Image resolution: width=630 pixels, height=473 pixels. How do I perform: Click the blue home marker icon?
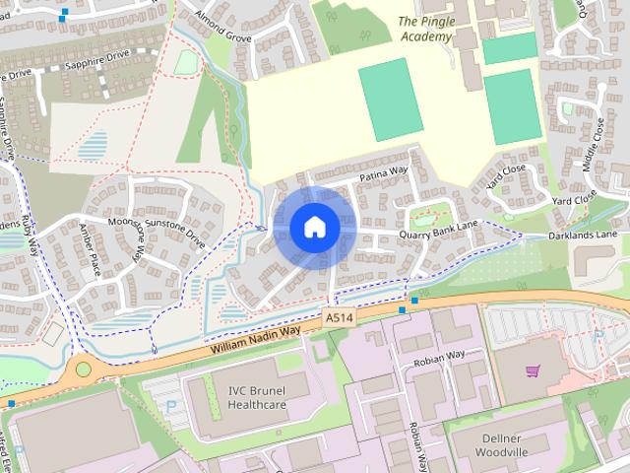tap(314, 227)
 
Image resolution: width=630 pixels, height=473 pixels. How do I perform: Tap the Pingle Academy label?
tap(426, 29)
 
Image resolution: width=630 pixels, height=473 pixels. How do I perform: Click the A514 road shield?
tap(338, 318)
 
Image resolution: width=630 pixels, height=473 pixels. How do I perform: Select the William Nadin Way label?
tap(254, 341)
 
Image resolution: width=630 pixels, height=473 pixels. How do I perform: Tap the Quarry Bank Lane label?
tap(438, 235)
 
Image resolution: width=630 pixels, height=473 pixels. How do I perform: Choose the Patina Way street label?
tap(384, 172)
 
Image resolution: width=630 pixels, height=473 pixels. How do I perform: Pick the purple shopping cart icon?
tap(533, 372)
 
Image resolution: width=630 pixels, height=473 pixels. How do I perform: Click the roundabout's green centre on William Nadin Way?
tap(83, 371)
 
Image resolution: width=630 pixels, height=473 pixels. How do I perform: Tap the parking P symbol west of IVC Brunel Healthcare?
tap(173, 405)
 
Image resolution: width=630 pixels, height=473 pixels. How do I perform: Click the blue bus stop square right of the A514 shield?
tap(402, 310)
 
